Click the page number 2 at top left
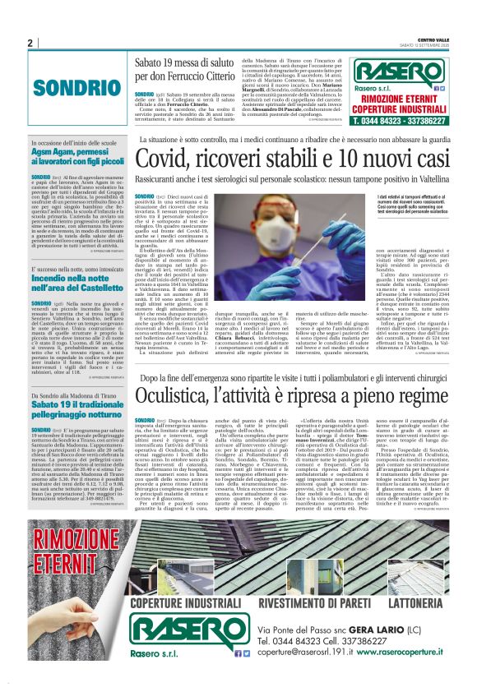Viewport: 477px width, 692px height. point(30,44)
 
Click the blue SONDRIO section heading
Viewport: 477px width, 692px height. point(67,87)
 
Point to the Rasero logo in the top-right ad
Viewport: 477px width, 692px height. point(398,71)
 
